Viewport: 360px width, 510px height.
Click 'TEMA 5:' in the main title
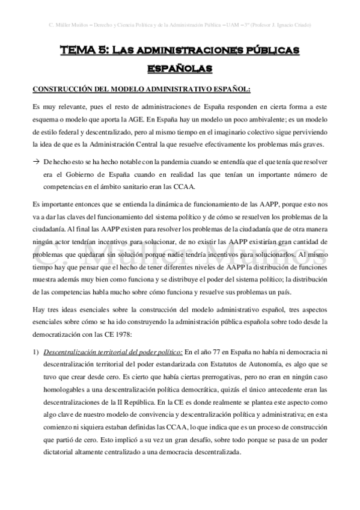click(83, 52)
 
